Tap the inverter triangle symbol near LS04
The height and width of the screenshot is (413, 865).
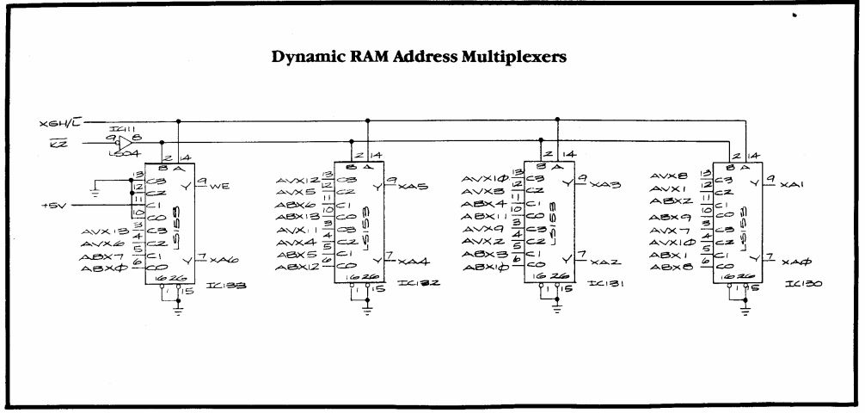[x=124, y=142]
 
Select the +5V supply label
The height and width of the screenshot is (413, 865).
[x=54, y=205]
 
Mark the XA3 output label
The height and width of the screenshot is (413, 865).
[x=600, y=185]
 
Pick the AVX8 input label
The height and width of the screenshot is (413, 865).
[x=669, y=176]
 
